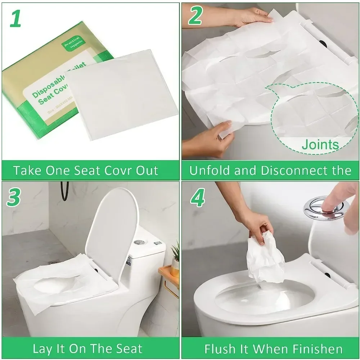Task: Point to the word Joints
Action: (x=320, y=145)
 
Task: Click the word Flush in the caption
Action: (x=220, y=349)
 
